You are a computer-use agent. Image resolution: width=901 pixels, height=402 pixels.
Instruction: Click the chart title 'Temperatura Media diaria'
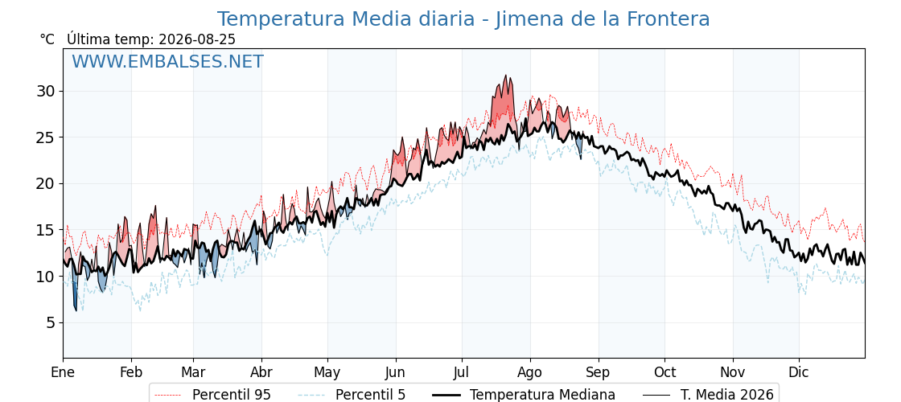tap(345, 19)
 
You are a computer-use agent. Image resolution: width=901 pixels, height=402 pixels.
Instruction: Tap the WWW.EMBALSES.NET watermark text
tap(168, 61)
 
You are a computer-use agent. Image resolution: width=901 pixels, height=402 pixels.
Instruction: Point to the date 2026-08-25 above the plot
tap(196, 39)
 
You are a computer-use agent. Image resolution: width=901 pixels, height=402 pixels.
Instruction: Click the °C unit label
tap(47, 39)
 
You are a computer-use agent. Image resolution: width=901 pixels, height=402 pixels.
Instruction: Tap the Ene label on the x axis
tap(63, 372)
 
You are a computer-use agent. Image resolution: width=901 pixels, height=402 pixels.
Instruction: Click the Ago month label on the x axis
tap(529, 372)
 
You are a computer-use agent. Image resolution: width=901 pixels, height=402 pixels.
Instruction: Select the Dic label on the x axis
tap(799, 372)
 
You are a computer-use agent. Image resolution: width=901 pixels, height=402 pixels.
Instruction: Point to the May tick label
tap(327, 373)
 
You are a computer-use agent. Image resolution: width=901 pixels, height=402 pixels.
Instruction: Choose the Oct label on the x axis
tap(664, 372)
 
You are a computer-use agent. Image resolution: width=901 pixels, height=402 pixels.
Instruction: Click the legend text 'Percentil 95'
tap(232, 395)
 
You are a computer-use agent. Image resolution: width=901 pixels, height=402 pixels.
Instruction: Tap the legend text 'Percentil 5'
tap(370, 395)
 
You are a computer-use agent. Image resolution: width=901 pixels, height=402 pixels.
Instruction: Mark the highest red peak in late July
tap(506, 76)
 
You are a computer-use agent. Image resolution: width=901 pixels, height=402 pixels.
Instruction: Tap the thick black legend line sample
tap(446, 395)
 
